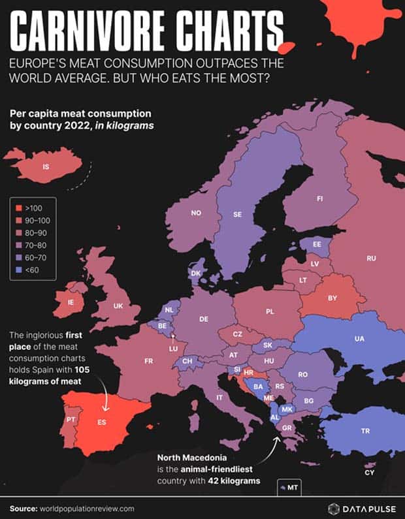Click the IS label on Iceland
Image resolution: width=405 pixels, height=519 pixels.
[45, 167]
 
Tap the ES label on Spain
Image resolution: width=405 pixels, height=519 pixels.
[102, 422]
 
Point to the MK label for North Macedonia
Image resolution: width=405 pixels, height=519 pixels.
[287, 409]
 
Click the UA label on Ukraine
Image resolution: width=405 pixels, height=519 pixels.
[359, 339]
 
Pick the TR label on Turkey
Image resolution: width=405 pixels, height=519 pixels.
[365, 431]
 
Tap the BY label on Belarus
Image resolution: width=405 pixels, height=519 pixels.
[332, 298]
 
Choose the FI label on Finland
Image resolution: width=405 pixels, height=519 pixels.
[320, 198]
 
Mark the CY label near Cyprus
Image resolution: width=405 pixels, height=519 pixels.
[370, 472]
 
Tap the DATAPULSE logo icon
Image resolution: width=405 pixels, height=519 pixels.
[333, 507]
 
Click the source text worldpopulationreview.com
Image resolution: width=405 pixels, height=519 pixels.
[89, 508]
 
